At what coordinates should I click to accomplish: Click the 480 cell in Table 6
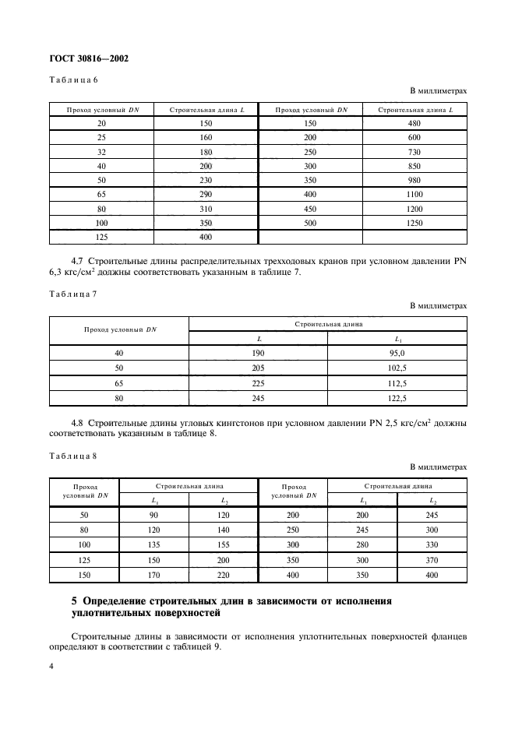[414, 123]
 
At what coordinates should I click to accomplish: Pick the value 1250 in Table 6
[414, 222]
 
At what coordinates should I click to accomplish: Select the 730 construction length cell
[414, 151]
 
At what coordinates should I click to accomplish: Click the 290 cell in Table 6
[206, 194]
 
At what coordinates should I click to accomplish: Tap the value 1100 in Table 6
[414, 194]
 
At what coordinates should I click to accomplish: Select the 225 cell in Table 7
[258, 384]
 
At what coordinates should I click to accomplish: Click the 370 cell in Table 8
[432, 561]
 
